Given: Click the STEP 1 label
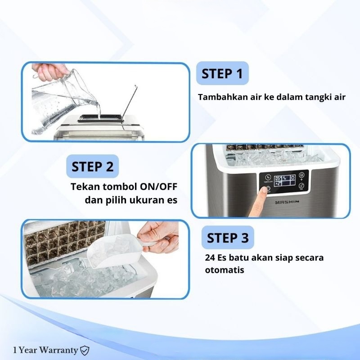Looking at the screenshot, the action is (222, 73).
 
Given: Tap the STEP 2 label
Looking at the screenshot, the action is (93, 166).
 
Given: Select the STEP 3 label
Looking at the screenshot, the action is (228, 238).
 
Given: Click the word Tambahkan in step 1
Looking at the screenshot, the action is (223, 97).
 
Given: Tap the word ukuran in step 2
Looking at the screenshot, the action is (147, 200).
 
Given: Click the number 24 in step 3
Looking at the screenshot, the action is (210, 257).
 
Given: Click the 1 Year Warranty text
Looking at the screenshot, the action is (45, 350).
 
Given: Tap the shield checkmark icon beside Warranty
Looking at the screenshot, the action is (85, 351).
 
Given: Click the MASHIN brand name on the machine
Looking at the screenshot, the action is (287, 202).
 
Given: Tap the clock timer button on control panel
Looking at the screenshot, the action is (267, 177).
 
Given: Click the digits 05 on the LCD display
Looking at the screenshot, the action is (278, 178).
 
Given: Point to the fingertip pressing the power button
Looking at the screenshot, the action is (265, 190).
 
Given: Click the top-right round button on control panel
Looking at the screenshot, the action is (301, 175).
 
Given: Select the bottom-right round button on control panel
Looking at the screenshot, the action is (301, 186).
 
